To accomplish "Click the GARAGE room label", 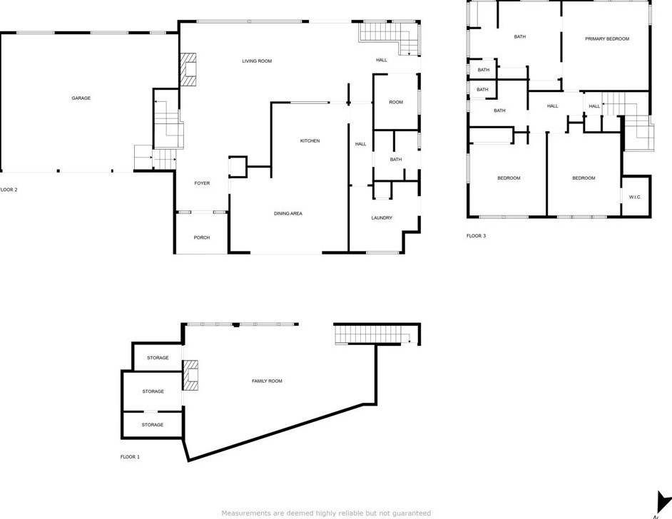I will [81, 98].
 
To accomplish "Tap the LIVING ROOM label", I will [257, 61].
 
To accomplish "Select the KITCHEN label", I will [310, 141].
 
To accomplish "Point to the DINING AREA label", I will [288, 213].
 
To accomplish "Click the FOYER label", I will [202, 183].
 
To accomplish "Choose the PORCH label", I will [202, 237].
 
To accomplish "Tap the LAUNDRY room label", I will [382, 218].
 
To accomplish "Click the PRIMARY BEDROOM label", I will [607, 38].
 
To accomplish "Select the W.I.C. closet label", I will [635, 197].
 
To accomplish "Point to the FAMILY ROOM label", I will [267, 381].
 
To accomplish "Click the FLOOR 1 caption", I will [130, 457].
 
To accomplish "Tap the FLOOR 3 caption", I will [476, 236].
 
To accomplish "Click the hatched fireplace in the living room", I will [188, 70].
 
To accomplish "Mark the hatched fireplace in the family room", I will [190, 376].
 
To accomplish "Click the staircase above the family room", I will [371, 334].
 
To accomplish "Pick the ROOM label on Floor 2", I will [396, 103].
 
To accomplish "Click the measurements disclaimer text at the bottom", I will [326, 513].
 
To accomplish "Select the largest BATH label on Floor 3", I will [520, 36].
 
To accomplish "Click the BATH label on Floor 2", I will [396, 160].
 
